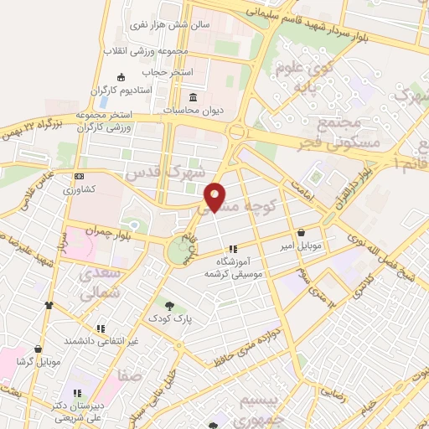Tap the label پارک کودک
tap(170, 319)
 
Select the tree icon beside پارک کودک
tap(170, 306)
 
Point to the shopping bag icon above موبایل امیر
tap(301, 232)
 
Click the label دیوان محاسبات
tap(194, 110)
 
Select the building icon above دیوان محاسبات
tap(194, 96)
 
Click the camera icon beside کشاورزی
tap(80, 177)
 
